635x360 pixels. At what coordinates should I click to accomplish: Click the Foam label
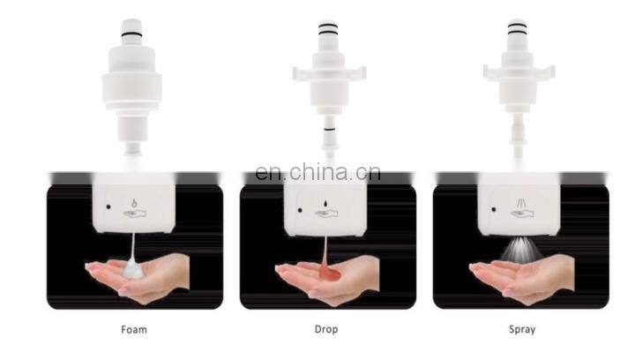click(x=134, y=330)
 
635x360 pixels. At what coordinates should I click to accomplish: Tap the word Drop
click(x=326, y=330)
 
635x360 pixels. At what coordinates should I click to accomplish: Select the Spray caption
click(x=522, y=330)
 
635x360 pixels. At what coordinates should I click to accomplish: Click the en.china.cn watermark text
click(x=317, y=172)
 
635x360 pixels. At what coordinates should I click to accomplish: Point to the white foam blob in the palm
click(x=133, y=269)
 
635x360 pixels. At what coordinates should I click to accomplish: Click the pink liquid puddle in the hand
click(x=329, y=274)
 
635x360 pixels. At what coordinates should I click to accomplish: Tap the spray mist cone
click(x=521, y=248)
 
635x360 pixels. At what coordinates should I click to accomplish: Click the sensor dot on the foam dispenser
click(x=108, y=207)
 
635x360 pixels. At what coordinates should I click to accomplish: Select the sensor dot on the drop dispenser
click(x=300, y=210)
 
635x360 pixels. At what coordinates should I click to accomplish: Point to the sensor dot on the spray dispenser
click(x=494, y=209)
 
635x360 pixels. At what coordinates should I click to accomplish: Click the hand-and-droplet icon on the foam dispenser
click(x=134, y=208)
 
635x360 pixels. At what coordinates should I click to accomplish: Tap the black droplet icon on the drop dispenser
click(x=325, y=202)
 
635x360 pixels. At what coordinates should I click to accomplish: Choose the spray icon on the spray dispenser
click(x=521, y=203)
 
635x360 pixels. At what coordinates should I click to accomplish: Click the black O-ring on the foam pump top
click(x=131, y=34)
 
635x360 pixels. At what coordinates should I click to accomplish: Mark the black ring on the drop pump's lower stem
click(x=330, y=130)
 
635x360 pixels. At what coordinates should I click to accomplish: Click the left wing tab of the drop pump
click(x=302, y=74)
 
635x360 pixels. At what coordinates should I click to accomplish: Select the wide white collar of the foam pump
click(x=131, y=91)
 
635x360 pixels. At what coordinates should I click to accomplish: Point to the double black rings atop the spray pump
click(x=517, y=28)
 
